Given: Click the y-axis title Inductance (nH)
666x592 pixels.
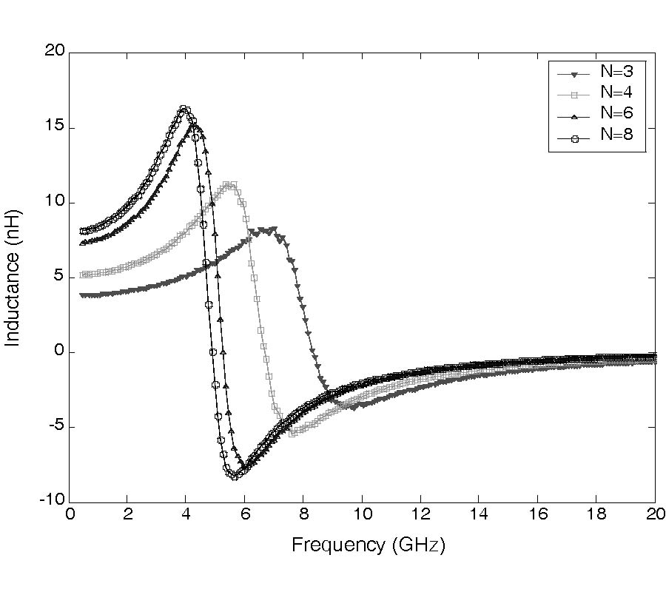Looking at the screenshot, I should coord(13,277).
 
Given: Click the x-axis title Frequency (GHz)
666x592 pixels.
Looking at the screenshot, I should coord(368,546).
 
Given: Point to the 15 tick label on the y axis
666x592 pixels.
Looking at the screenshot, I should coord(55,128).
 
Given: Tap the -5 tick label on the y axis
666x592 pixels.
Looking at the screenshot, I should coord(55,427).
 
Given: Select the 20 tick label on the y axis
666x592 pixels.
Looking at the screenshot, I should coord(55,51).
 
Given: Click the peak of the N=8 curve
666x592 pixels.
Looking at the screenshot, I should coord(184,110).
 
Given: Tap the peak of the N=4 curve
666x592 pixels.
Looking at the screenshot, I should coord(230,184).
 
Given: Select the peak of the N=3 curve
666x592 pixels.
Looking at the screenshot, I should coord(274,229).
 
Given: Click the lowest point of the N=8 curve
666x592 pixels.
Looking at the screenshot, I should coord(234,476).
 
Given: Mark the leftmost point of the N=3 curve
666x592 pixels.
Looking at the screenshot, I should coord(83,295).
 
